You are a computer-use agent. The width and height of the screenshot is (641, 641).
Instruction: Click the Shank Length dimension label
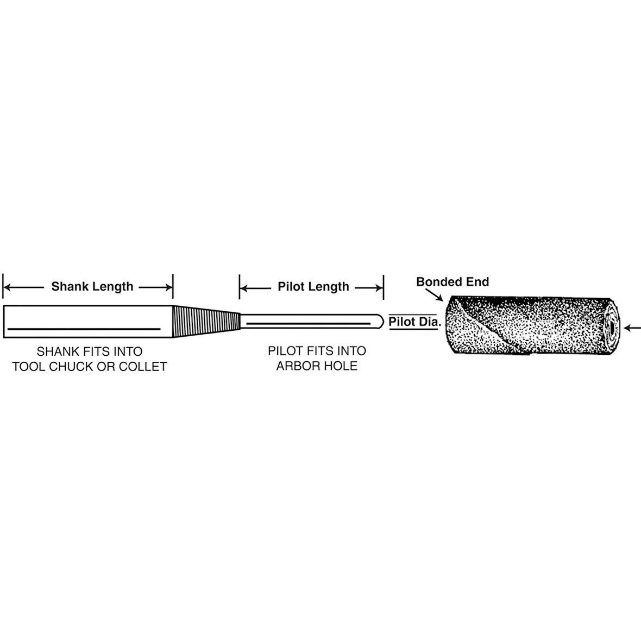tap(92, 286)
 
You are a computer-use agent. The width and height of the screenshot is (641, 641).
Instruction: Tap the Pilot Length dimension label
tap(313, 286)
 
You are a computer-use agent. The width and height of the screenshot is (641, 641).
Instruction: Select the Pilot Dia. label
tap(413, 322)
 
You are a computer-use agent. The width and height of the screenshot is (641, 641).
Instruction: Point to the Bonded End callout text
tap(453, 281)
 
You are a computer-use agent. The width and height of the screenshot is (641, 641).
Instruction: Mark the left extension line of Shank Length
tap(3, 286)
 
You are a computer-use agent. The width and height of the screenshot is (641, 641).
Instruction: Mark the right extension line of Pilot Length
tap(384, 286)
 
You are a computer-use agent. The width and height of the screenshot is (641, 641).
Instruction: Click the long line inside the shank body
tap(84, 329)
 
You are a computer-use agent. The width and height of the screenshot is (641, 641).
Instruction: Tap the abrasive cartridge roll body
tap(521, 326)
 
